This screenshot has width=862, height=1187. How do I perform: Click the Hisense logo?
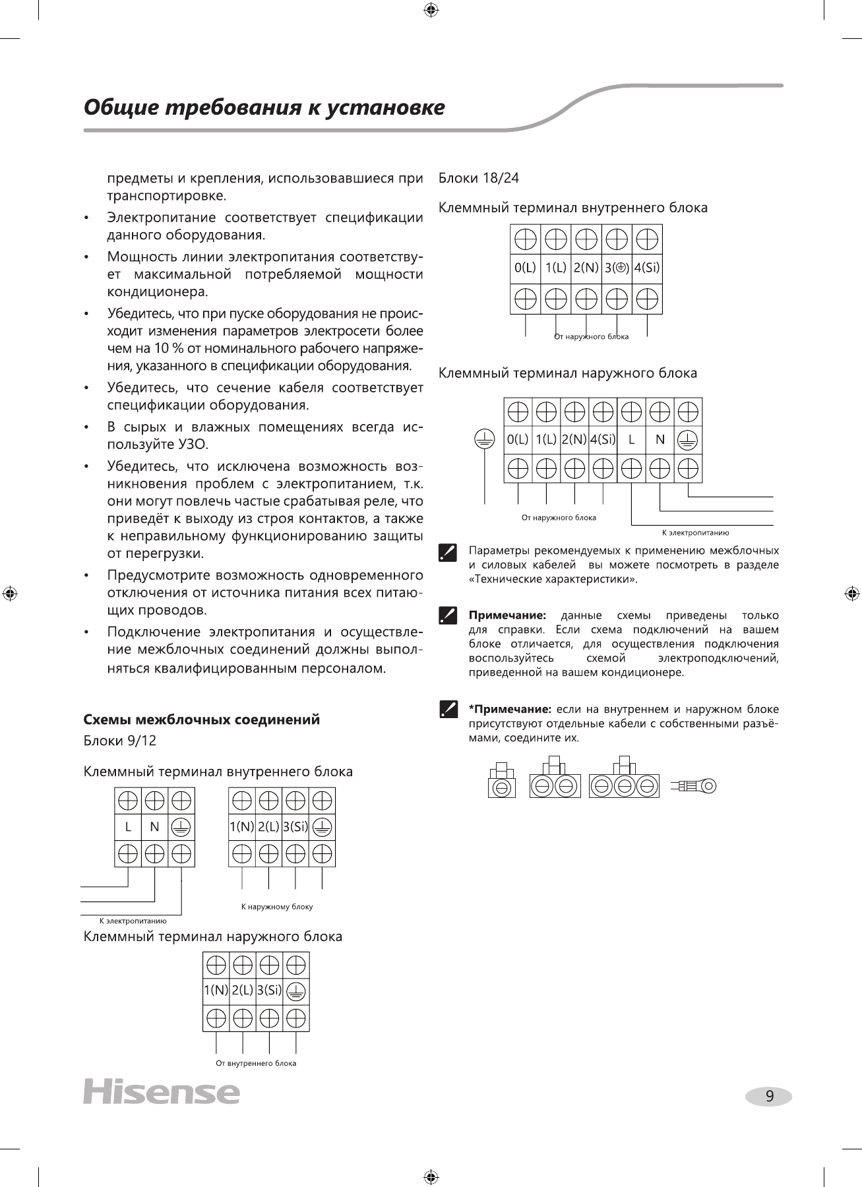pyautogui.click(x=162, y=1092)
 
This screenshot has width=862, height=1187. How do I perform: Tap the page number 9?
pyautogui.click(x=769, y=1097)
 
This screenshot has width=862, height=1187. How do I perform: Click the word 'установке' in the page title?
pyautogui.click(x=394, y=107)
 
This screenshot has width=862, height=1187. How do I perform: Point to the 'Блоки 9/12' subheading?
pyautogui.click(x=120, y=741)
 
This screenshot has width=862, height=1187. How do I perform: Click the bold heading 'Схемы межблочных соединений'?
pyautogui.click(x=202, y=719)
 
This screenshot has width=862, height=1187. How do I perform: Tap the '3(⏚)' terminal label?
pyautogui.click(x=617, y=268)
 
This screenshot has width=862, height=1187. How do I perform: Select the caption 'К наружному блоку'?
pyautogui.click(x=277, y=907)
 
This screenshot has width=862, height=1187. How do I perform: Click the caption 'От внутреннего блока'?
pyautogui.click(x=256, y=1063)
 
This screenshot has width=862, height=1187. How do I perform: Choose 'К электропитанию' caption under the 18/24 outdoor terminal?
pyautogui.click(x=695, y=532)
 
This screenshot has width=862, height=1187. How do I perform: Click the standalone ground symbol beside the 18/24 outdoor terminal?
pyautogui.click(x=485, y=440)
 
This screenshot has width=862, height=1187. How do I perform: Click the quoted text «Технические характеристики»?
pyautogui.click(x=553, y=580)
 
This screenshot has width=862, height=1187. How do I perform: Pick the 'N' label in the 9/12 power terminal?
pyautogui.click(x=154, y=827)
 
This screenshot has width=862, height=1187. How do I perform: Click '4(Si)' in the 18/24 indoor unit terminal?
pyautogui.click(x=647, y=268)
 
